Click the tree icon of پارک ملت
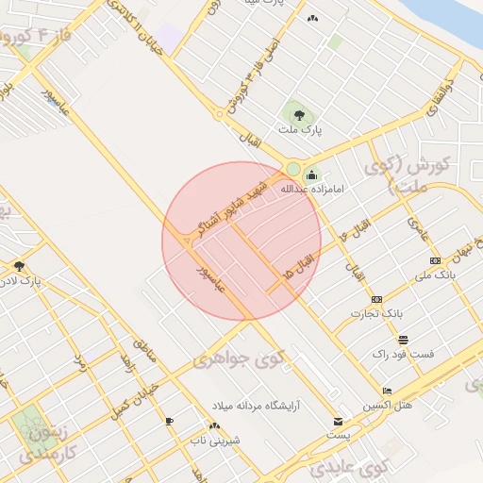click(300, 110)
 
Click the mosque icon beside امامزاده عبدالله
click(312, 175)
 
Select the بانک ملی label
click(435, 275)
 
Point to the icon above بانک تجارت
click(377, 299)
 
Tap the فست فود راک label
click(403, 354)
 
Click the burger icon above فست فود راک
click(403, 340)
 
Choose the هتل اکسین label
click(388, 405)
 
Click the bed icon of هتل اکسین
click(387, 391)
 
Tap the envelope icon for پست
click(339, 421)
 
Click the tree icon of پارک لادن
click(19, 266)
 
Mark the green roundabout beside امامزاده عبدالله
click(292, 169)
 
